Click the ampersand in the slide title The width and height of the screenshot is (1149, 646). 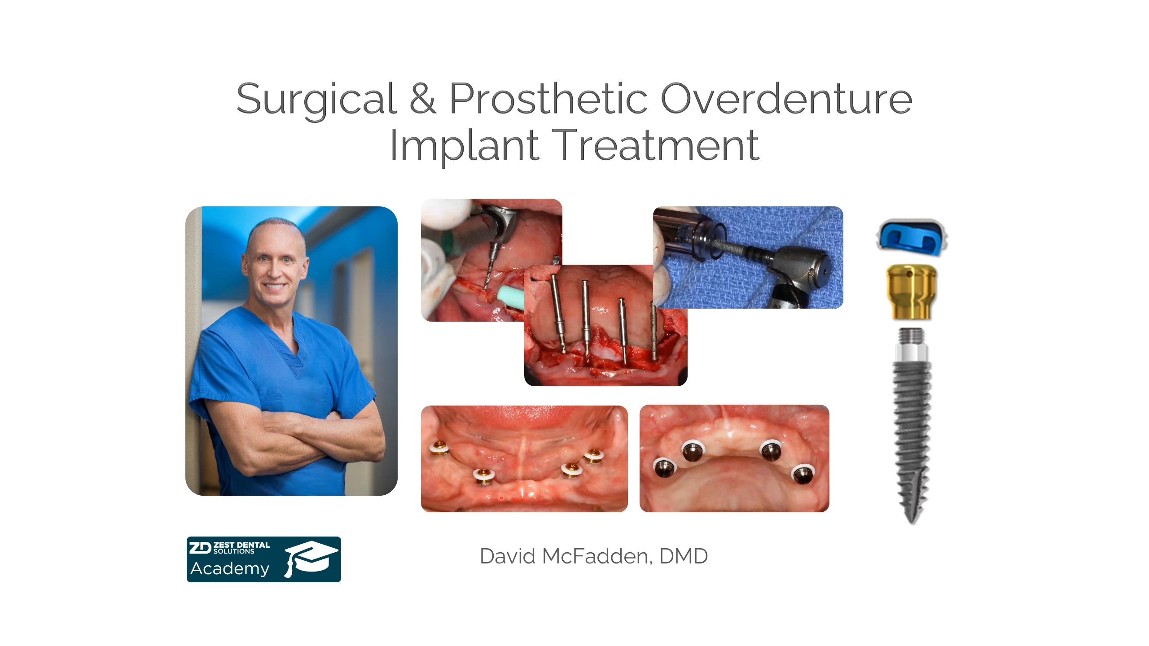422,98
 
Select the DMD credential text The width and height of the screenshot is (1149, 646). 684,556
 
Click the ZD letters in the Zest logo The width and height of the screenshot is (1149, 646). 200,548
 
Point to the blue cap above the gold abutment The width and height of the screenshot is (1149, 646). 912,237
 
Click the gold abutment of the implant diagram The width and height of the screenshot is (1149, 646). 911,292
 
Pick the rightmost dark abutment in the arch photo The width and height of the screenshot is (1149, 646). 802,475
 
